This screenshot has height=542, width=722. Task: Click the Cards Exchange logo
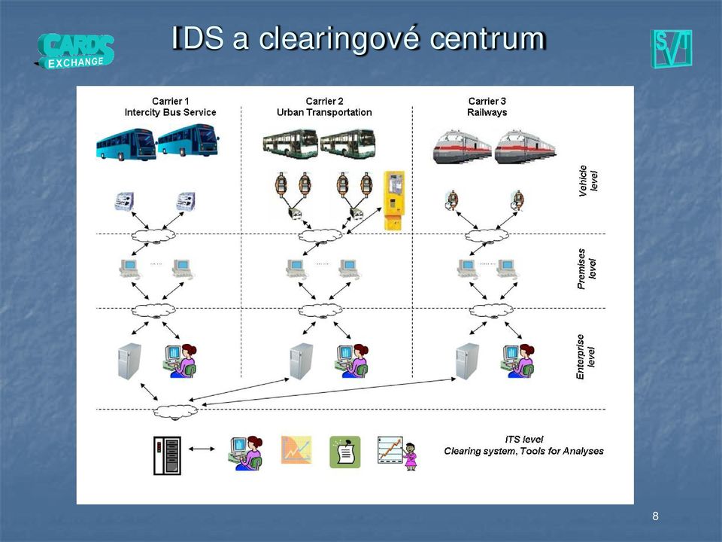point(74,51)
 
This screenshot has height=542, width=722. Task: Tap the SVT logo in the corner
point(671,49)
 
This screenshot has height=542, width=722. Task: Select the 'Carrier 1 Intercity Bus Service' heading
point(171,106)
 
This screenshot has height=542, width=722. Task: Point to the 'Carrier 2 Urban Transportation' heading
point(324,106)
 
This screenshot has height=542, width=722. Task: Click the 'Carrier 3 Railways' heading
point(487,106)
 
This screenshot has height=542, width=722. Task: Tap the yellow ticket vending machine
point(394,200)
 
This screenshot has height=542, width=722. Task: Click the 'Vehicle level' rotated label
point(588,181)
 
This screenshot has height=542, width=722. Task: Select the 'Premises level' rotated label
point(587,269)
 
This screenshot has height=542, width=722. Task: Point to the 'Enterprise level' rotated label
point(586,357)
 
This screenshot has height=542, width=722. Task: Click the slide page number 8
point(655,516)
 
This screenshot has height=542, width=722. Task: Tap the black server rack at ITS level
point(167,456)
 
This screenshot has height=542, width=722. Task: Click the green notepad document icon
point(345,452)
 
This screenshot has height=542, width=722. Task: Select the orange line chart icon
point(296,450)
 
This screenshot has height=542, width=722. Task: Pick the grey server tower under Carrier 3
point(467,361)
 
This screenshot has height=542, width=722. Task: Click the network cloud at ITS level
point(175,412)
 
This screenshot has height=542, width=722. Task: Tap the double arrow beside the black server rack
point(202,449)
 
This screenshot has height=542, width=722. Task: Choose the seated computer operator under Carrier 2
point(351,361)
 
